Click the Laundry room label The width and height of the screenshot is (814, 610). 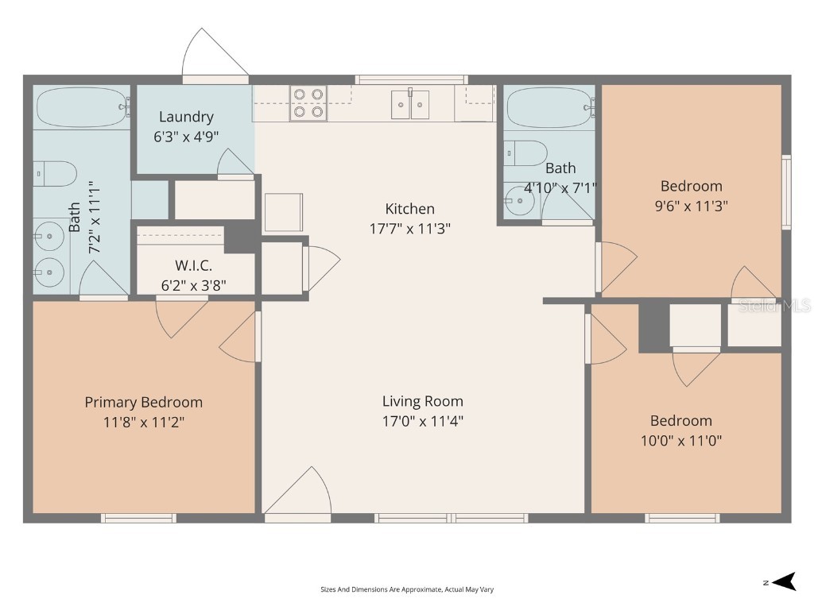click(186, 117)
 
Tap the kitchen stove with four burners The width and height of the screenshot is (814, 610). click(308, 103)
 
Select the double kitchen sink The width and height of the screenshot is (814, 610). click(410, 104)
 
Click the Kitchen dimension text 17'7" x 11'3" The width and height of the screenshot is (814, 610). click(410, 230)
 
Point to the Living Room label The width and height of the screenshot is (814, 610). click(422, 401)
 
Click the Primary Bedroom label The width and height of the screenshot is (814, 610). click(144, 402)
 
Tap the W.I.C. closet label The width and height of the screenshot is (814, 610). click(193, 266)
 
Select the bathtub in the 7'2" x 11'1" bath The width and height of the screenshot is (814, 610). click(82, 107)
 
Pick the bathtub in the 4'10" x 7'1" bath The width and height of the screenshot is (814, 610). click(550, 107)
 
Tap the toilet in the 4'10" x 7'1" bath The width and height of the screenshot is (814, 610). click(526, 152)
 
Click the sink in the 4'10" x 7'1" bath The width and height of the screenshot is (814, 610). click(520, 201)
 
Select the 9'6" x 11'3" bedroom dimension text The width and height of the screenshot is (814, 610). click(691, 205)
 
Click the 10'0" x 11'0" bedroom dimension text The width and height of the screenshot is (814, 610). click(680, 440)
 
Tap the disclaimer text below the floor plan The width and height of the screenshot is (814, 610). click(407, 589)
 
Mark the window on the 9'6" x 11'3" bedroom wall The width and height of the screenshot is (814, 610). click(786, 191)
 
